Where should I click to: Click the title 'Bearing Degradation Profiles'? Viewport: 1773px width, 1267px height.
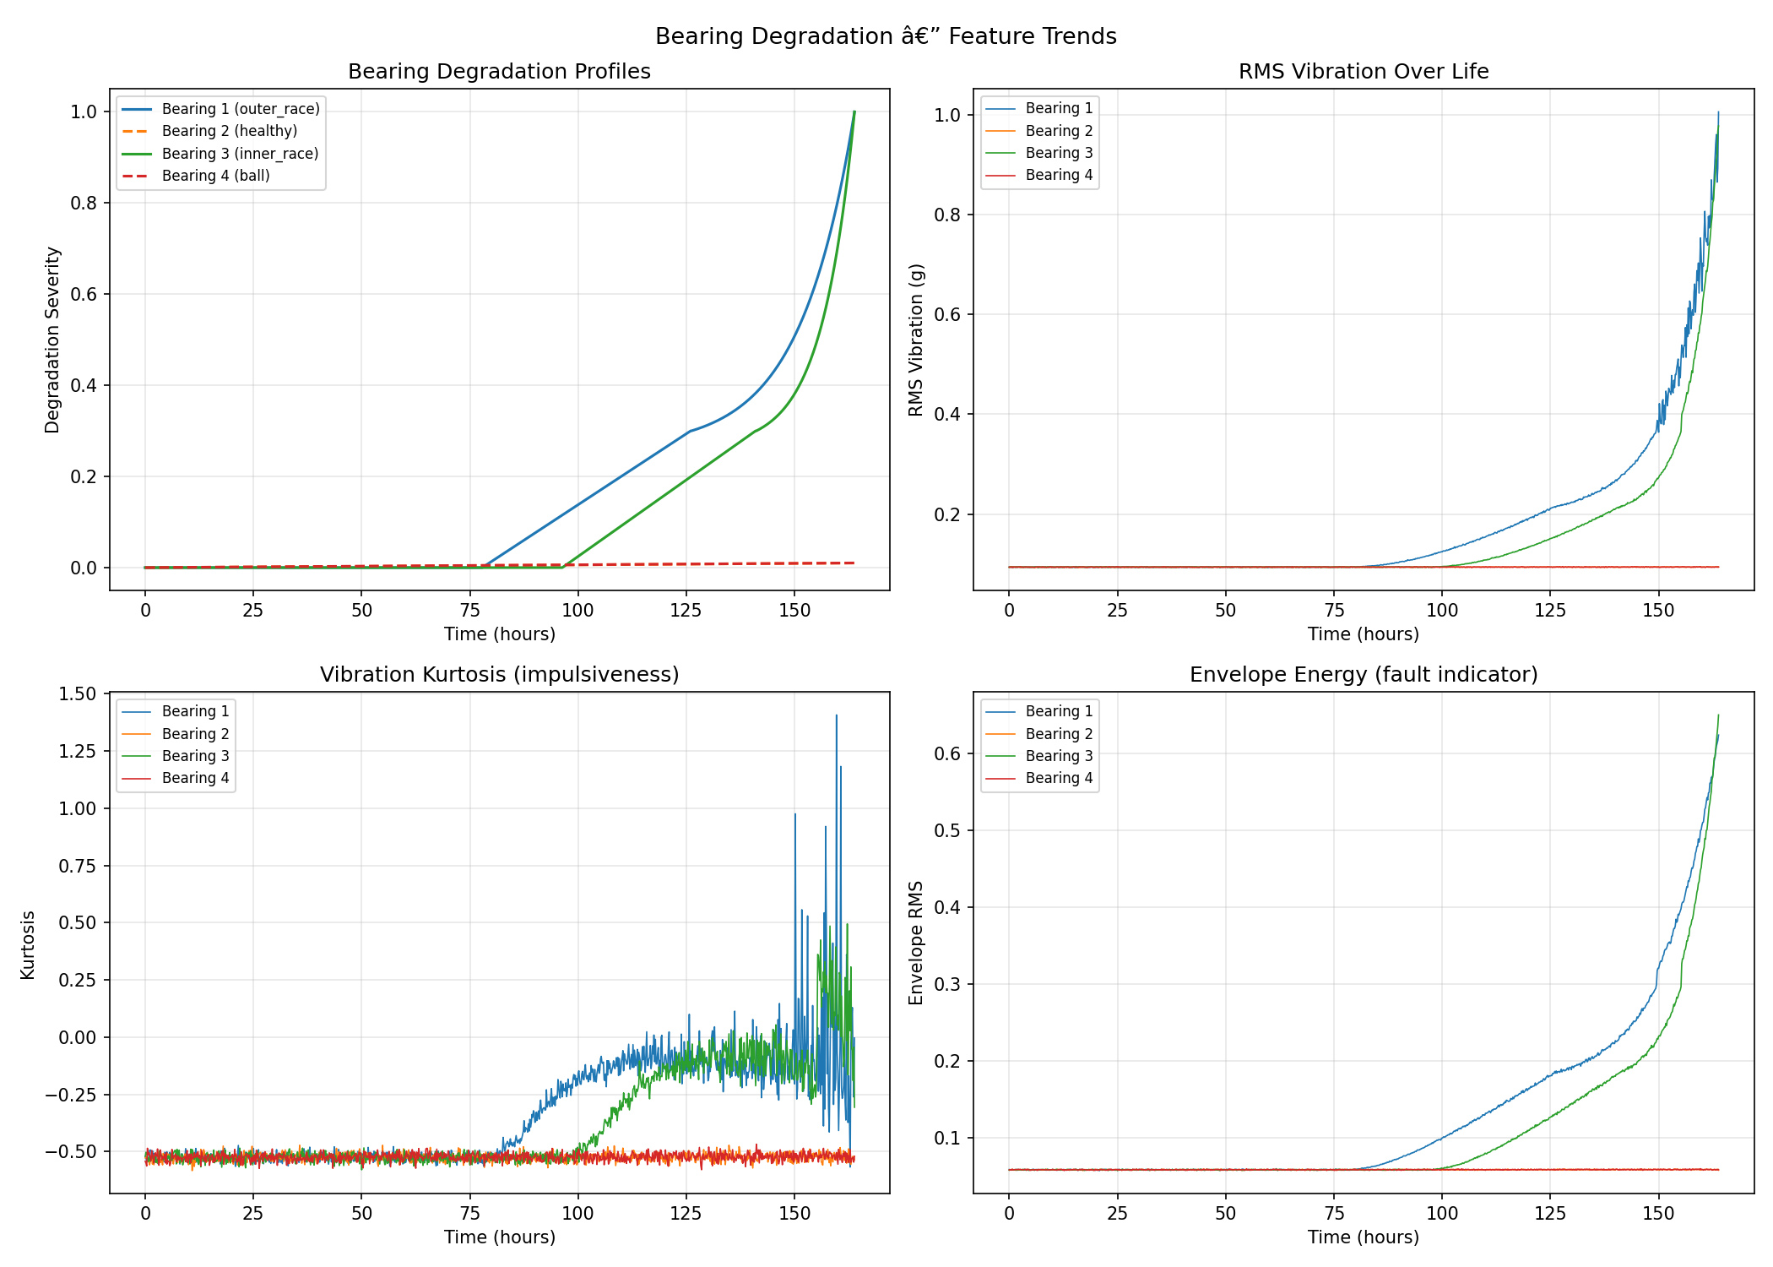[x=499, y=72]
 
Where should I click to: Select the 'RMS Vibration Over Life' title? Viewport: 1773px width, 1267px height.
[x=1363, y=72]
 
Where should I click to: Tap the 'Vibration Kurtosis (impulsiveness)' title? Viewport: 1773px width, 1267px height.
[x=499, y=675]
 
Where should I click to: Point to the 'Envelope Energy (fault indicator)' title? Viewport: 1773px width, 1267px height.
[x=1363, y=675]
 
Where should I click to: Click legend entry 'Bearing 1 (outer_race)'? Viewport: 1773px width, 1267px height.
[x=241, y=109]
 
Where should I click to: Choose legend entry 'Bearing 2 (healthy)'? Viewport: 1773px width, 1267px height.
[x=230, y=131]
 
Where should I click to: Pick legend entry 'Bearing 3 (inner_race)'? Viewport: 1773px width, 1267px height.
[x=240, y=154]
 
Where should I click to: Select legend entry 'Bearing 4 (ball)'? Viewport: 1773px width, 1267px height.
[x=215, y=176]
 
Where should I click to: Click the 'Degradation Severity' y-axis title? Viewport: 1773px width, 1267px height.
[x=52, y=340]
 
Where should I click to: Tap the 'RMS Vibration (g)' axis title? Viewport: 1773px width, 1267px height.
[x=916, y=340]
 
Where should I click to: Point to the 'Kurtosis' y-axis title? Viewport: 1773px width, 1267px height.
[x=28, y=944]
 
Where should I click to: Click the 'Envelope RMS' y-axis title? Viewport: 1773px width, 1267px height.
[x=916, y=943]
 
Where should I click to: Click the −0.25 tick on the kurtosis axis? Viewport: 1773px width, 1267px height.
[x=72, y=1095]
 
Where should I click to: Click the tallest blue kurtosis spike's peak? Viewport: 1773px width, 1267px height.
[x=836, y=715]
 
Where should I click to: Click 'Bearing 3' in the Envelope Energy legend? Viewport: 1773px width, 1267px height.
[x=1059, y=756]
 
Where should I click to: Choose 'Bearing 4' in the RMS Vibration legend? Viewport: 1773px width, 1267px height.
[x=1059, y=175]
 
